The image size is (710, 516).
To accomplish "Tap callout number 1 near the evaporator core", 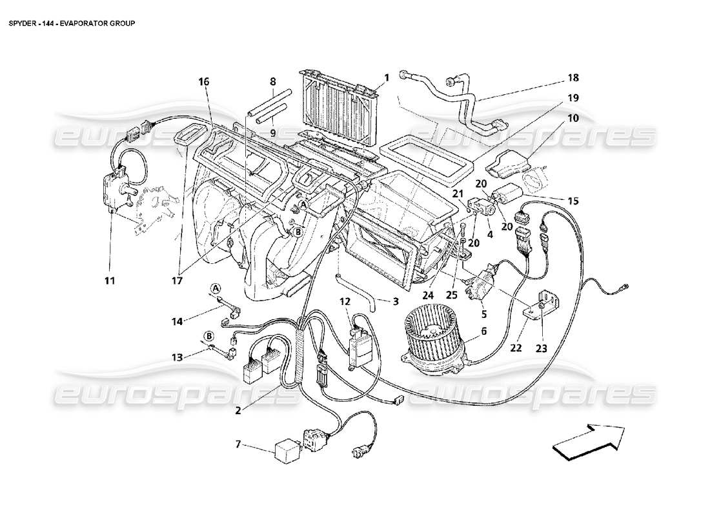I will coord(387,78).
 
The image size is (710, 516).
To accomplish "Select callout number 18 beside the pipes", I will coord(573,78).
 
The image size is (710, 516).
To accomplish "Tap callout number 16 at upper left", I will coord(204,82).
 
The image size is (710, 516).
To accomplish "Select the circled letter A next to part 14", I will coord(216,287).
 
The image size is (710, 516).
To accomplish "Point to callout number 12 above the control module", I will coord(346,301).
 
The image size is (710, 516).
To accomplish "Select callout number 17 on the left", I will coord(176,281).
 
